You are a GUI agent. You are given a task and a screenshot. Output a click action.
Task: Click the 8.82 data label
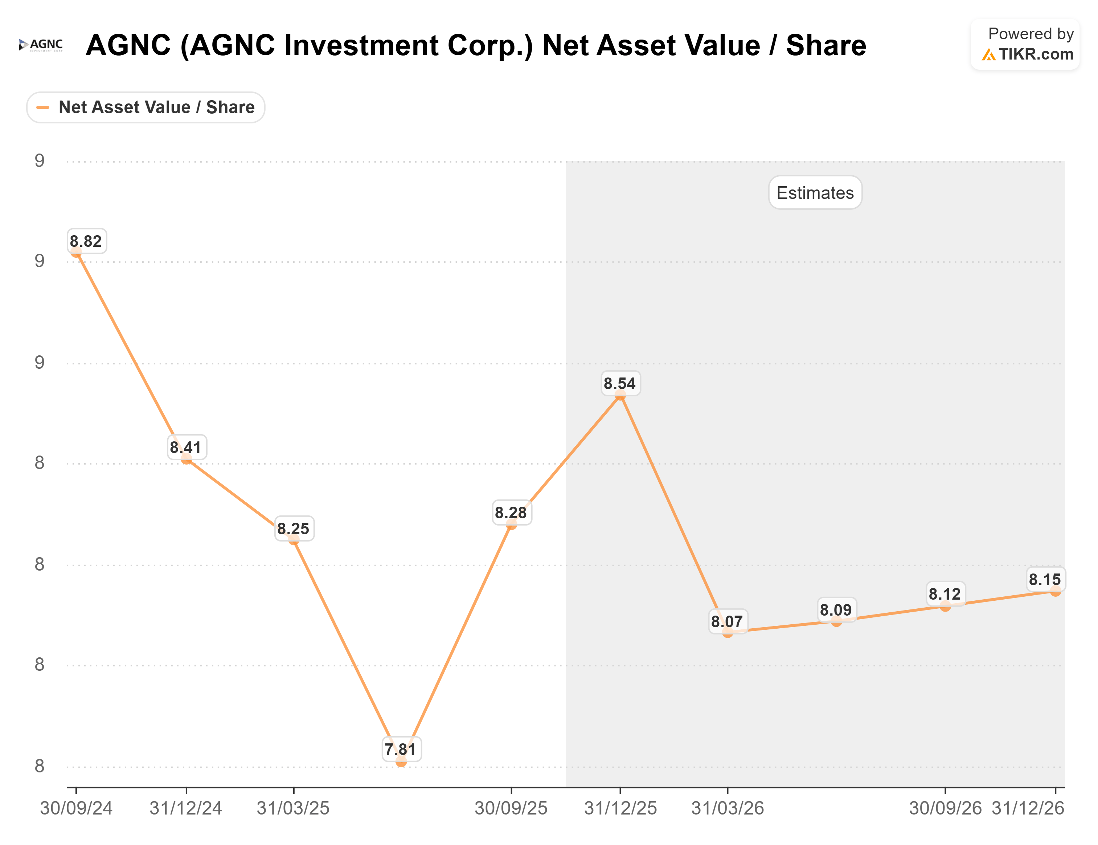click(86, 241)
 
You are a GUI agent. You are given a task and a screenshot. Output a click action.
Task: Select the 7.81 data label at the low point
click(401, 750)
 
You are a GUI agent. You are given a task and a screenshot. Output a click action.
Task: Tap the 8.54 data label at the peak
click(620, 384)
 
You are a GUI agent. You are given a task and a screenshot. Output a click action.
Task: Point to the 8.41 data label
click(186, 447)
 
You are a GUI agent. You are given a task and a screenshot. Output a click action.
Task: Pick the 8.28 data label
click(511, 513)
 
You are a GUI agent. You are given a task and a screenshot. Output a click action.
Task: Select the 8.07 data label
click(727, 622)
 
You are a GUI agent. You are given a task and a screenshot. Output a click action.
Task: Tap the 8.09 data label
click(836, 610)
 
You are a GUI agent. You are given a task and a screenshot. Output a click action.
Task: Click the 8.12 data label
click(945, 594)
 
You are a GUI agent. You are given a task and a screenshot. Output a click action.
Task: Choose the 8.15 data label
click(1045, 579)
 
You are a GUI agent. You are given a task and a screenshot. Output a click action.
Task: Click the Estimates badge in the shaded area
click(815, 193)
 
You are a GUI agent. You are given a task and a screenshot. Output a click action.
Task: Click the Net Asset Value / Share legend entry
click(146, 107)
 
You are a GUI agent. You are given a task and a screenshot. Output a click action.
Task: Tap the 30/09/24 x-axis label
click(77, 808)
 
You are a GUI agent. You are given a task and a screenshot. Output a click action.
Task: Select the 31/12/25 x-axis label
click(620, 808)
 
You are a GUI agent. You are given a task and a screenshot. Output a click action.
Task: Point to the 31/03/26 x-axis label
click(728, 808)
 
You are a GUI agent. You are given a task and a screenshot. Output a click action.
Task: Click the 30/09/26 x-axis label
click(945, 808)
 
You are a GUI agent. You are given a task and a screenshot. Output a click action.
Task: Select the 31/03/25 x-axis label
click(294, 808)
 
